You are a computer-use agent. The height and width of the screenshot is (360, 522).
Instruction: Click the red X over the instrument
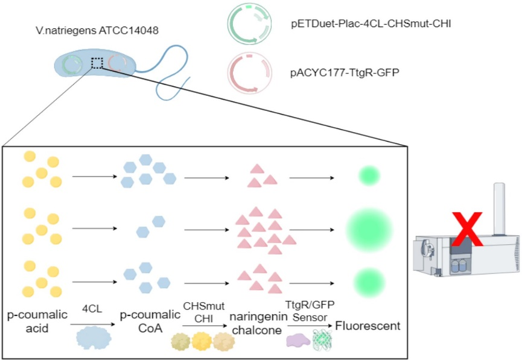[x=467, y=230]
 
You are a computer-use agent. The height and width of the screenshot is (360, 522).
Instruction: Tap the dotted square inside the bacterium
[x=97, y=63]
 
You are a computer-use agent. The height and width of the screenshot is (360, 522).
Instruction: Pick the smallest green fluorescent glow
[x=368, y=176]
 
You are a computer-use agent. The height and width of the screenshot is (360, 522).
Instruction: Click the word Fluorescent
[x=368, y=326]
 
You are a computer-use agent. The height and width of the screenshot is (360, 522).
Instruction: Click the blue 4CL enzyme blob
[x=94, y=338]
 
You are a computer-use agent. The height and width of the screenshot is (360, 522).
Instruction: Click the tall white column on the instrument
[x=499, y=208]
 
